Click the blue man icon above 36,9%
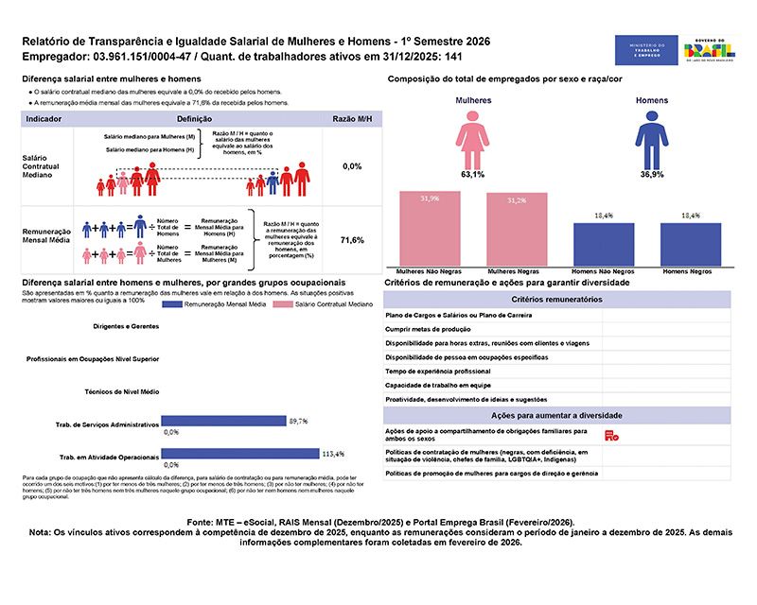point(650,138)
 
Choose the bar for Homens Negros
point(688,244)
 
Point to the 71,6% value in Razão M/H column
point(352,240)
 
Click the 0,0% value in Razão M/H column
point(352,166)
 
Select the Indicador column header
point(44,120)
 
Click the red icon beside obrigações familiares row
point(610,434)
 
